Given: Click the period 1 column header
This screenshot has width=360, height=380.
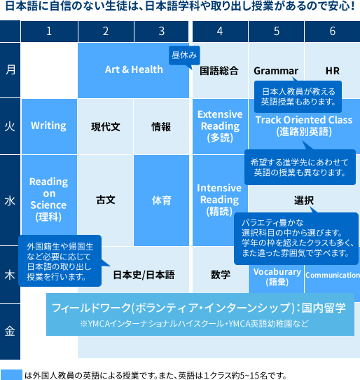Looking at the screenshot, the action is (x=49, y=32).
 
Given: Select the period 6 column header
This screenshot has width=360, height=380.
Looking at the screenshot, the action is (x=332, y=32).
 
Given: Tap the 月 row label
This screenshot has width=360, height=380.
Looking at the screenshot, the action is (x=10, y=70).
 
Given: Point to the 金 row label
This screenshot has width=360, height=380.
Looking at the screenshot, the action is (x=10, y=331).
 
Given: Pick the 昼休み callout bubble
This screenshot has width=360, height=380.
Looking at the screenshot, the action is (x=184, y=55).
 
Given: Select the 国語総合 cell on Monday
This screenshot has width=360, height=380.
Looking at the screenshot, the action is (x=219, y=71).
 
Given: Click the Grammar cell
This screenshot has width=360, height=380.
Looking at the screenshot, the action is (x=276, y=71).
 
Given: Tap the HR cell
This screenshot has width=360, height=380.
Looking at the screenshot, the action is (x=333, y=71).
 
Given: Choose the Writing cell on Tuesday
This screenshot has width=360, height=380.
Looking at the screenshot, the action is (x=49, y=126).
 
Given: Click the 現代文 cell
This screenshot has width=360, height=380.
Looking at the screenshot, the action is (x=106, y=126).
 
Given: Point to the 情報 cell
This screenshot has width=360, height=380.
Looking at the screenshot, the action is (x=161, y=126).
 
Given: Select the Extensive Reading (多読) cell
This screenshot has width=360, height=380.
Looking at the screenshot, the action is (x=220, y=126).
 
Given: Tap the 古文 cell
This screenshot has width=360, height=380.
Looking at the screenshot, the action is (x=106, y=201).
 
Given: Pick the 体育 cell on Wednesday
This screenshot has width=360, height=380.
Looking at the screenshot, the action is (x=161, y=201).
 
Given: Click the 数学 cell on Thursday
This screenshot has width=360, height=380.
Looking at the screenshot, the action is (x=220, y=274).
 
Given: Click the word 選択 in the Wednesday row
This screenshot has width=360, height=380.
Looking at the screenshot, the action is (x=304, y=201).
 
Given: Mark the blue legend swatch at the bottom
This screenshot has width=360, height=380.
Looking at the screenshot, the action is (x=11, y=374).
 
